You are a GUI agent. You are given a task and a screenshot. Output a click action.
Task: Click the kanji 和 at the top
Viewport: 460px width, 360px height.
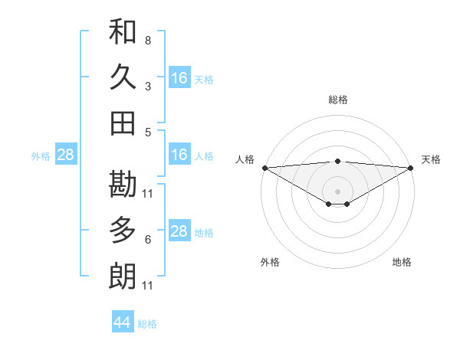123,31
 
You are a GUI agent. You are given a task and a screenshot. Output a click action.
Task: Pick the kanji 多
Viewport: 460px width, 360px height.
123,230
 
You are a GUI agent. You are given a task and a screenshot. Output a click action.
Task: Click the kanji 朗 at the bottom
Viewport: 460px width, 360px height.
123,276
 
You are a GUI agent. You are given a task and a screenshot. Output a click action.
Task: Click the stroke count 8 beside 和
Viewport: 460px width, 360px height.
148,40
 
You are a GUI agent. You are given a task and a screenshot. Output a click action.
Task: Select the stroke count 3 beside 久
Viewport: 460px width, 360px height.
148,86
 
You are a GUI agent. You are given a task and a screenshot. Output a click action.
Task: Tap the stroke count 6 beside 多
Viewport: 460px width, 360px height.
148,240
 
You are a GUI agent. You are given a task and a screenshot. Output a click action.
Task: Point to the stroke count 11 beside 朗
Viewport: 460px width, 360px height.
148,286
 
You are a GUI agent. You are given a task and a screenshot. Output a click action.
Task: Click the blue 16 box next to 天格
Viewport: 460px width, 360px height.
179,78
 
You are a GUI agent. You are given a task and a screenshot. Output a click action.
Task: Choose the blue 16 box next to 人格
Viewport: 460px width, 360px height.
179,155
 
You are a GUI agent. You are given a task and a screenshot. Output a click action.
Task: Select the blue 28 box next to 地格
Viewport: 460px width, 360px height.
179,232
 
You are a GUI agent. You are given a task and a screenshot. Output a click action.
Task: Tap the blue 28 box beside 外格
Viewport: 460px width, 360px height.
66,155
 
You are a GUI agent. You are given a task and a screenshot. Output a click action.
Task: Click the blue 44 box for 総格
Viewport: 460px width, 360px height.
123,322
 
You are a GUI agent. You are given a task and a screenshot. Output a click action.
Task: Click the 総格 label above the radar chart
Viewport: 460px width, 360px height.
338,100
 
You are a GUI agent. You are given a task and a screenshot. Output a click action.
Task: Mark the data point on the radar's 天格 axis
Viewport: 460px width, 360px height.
412,167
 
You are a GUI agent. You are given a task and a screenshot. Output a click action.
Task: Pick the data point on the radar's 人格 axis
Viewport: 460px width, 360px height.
264,167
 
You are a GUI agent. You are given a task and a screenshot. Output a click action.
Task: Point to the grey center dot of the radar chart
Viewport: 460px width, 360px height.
338,191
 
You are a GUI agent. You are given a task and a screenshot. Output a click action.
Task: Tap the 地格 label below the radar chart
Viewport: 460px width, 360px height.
402,263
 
